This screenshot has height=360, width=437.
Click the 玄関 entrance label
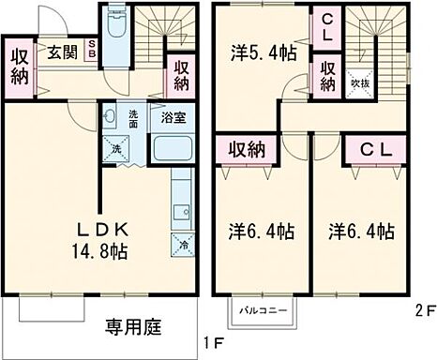(x=63, y=52)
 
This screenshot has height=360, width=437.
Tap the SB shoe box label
(x=92, y=49)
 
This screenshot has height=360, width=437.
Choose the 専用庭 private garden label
(x=132, y=327)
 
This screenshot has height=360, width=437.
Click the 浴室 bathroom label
(x=173, y=118)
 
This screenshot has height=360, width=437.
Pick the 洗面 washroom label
(x=133, y=119)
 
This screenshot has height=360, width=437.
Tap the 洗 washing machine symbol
(x=116, y=149)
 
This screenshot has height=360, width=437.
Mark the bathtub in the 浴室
(x=172, y=148)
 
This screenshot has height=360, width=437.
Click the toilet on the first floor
(x=115, y=25)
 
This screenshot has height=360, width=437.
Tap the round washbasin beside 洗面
(x=111, y=118)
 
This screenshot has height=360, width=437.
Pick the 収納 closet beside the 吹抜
(x=327, y=76)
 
